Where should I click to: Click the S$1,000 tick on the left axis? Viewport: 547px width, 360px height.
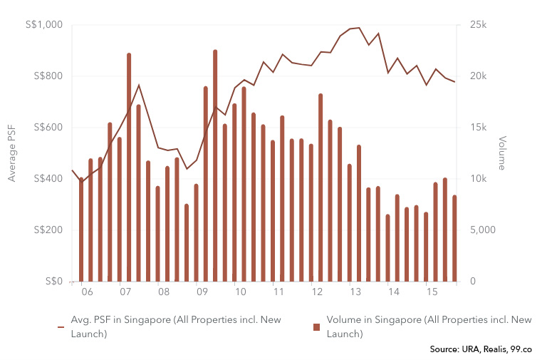click(45, 25)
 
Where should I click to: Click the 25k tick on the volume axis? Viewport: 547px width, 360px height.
click(478, 25)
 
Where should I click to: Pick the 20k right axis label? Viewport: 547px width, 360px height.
click(478, 76)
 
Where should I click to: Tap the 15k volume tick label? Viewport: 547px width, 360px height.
click(478, 128)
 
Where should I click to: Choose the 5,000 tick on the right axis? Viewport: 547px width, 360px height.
click(482, 230)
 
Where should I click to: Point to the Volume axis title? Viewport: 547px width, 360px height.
click(502, 153)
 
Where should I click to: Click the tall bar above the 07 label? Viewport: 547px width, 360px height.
click(129, 167)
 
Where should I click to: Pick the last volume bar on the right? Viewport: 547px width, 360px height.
click(454, 238)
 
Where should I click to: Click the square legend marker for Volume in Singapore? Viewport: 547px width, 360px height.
click(316, 327)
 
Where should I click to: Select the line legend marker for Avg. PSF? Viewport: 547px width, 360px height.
click(61, 327)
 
